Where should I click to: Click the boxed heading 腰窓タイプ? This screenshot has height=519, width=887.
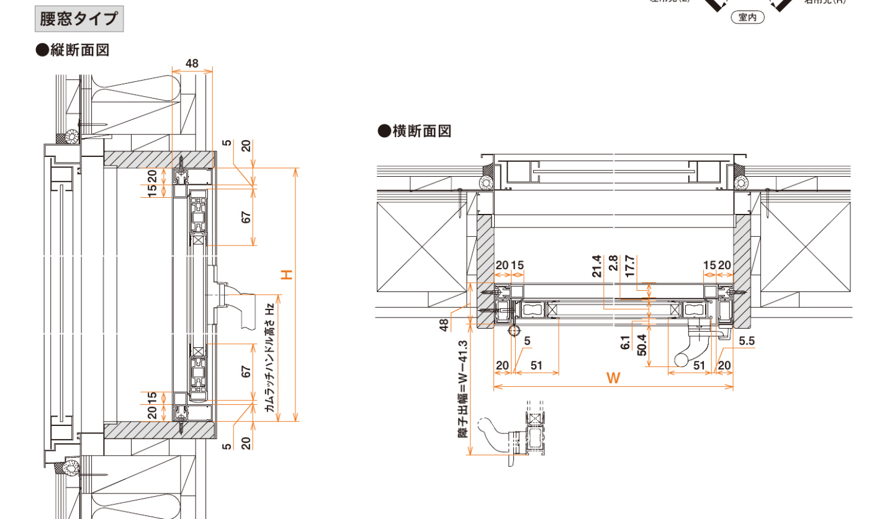[78, 19]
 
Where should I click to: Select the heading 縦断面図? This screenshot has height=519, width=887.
[73, 50]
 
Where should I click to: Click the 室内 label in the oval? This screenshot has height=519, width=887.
[747, 18]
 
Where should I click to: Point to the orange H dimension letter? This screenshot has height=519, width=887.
[286, 274]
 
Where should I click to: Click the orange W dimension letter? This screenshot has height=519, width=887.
[613, 378]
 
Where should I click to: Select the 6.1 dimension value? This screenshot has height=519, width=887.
[626, 343]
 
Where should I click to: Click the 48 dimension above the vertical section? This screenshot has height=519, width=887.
[192, 63]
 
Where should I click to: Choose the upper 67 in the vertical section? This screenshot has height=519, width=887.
[246, 218]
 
